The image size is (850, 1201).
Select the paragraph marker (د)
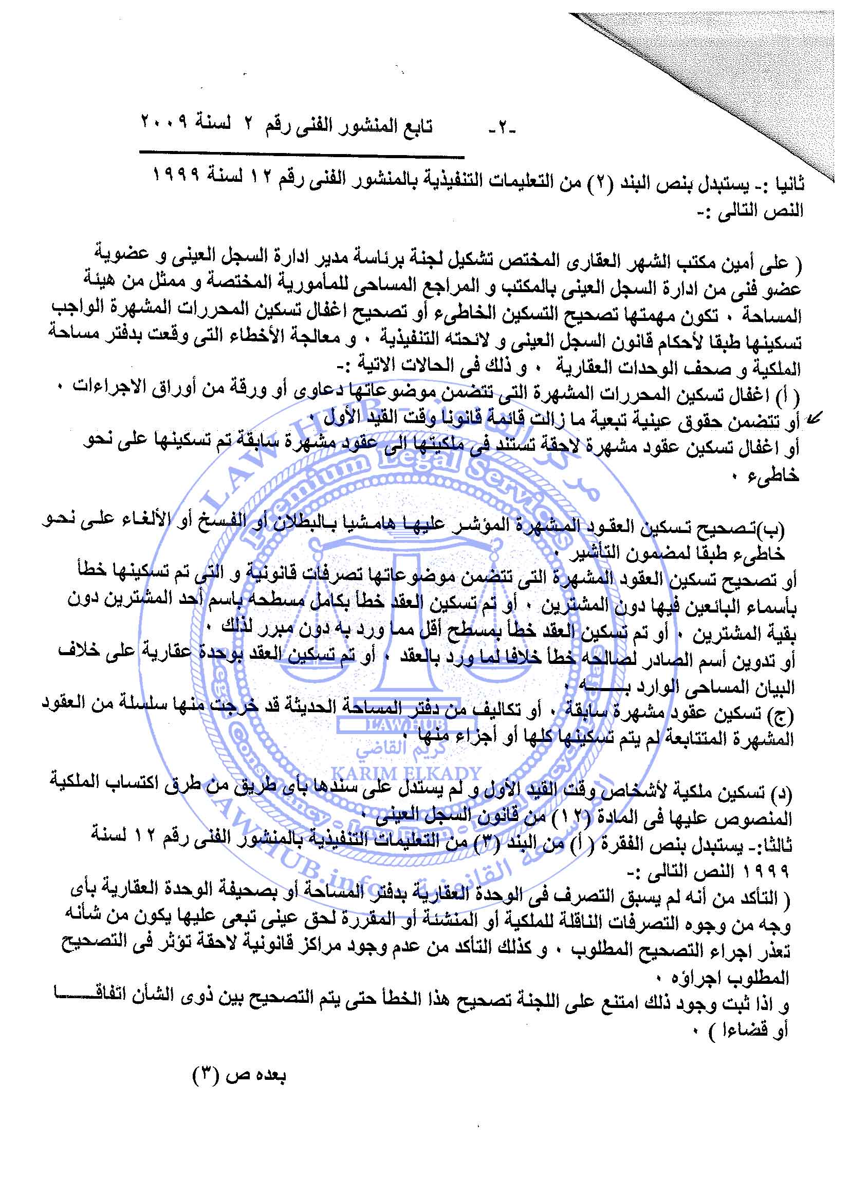click(783, 794)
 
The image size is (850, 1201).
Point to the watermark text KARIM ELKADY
click(406, 774)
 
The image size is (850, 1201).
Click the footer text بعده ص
click(256, 1077)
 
